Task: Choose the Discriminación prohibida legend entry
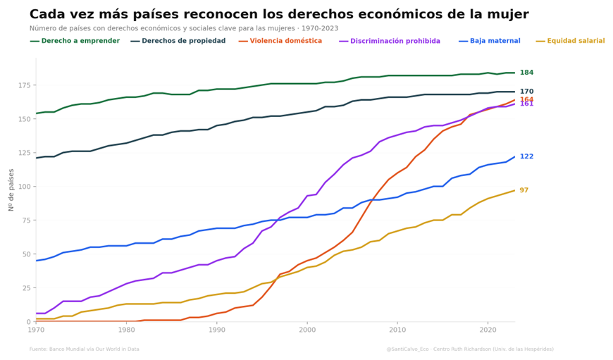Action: (x=395, y=41)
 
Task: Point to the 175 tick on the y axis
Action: (x=24, y=85)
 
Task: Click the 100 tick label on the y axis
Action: (x=24, y=187)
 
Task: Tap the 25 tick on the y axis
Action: (x=26, y=288)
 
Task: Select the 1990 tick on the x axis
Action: (x=216, y=330)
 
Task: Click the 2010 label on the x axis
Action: (x=397, y=330)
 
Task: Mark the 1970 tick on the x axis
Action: (x=36, y=330)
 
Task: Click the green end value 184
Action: (x=526, y=73)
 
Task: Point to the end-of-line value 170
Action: (x=526, y=92)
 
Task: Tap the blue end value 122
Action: (x=526, y=156)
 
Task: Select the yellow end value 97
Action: (x=524, y=190)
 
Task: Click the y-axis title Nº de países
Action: (x=11, y=190)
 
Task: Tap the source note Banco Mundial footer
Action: (x=84, y=349)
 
